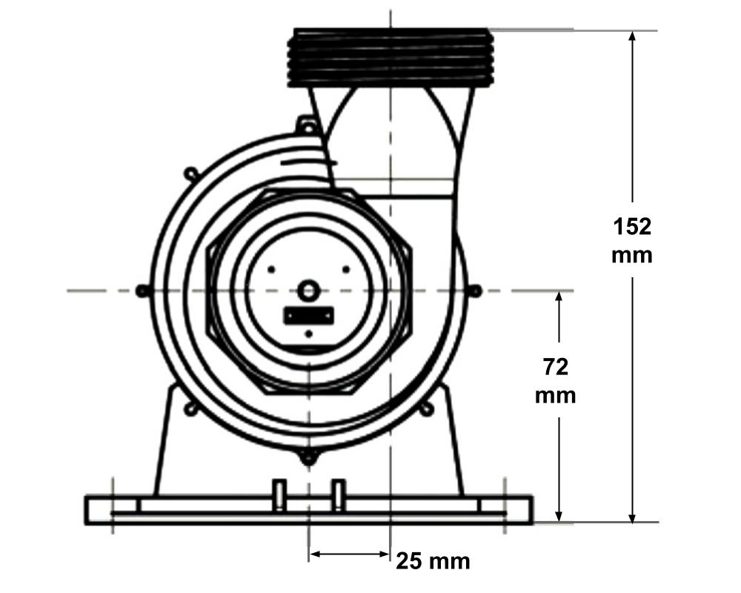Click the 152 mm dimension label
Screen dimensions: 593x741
click(632, 240)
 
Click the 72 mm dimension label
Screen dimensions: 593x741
click(555, 381)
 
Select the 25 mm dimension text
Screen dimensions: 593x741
click(433, 561)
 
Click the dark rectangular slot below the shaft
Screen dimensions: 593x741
click(308, 315)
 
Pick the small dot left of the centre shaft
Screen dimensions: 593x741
click(272, 268)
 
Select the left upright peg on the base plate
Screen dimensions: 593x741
click(279, 495)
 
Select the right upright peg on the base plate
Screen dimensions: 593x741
click(338, 495)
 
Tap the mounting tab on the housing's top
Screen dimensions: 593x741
click(305, 125)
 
